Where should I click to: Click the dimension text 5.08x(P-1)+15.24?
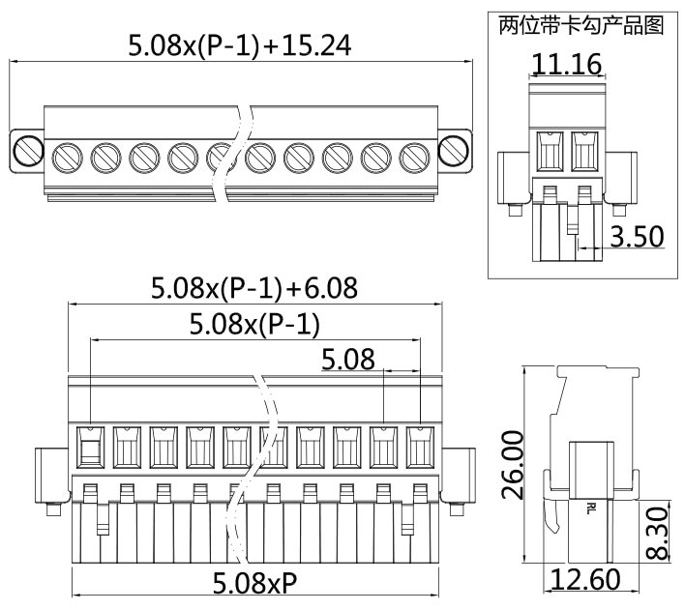point(240,44)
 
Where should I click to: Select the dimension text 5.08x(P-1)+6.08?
point(253,287)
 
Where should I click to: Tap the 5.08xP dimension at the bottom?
point(255,583)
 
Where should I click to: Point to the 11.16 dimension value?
point(567,65)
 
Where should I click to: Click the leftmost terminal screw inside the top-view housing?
point(67,155)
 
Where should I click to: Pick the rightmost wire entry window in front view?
point(419,447)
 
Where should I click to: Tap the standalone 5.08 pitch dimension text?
point(348,361)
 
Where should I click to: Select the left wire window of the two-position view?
point(549,152)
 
